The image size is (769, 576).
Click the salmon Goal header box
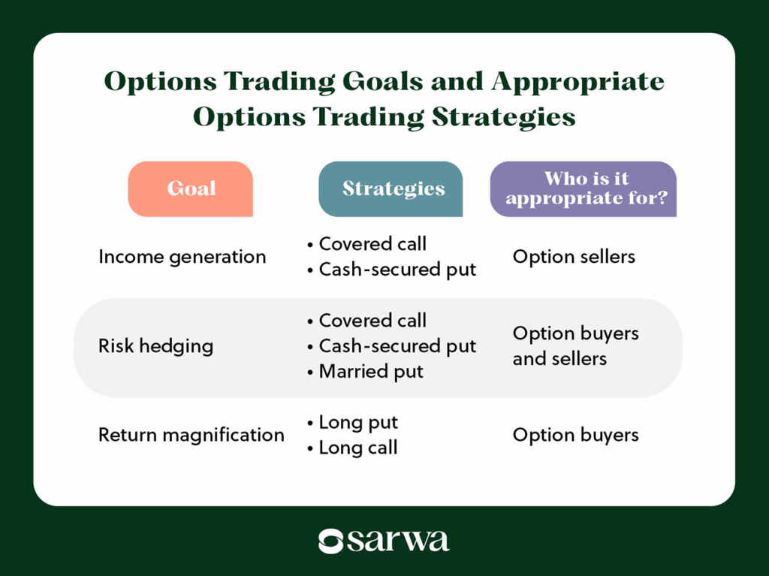coord(190,189)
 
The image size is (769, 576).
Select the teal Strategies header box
coord(391,189)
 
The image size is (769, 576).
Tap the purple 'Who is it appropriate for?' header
coord(584,189)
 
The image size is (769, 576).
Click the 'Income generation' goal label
coord(182,257)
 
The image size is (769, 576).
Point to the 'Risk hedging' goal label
coord(156,346)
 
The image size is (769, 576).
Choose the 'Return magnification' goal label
coord(191,435)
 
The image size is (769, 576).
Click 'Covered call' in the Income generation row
coord(372,244)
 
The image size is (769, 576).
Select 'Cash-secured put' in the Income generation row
coord(397,270)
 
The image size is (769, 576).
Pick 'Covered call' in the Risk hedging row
coord(372,321)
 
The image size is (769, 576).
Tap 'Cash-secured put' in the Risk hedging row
coord(397,346)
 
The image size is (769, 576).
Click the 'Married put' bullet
coord(371,372)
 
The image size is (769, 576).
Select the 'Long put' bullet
coord(358,423)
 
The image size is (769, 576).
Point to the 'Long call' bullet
coord(358,448)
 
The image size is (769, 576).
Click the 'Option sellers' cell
coord(574,257)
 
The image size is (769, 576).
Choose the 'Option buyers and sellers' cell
coord(576,346)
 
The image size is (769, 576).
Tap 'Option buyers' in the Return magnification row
coord(576,435)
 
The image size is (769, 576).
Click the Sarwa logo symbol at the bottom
coord(330,541)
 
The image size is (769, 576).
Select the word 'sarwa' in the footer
coord(398,541)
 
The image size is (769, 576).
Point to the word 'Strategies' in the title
coord(504,117)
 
